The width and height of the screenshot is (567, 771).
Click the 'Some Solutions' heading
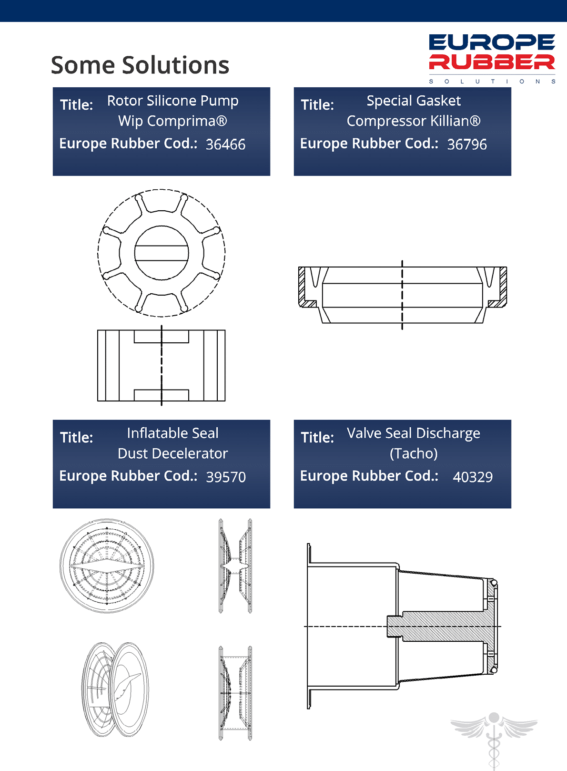[140, 65]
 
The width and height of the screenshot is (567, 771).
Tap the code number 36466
[226, 144]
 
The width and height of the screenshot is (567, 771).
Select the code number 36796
[467, 144]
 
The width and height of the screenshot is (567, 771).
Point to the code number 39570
[226, 477]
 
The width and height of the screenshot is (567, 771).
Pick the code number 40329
[473, 477]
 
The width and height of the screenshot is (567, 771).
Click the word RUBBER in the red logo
[492, 62]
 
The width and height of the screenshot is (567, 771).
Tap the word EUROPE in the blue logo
[492, 42]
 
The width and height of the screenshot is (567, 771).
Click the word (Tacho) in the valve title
[414, 453]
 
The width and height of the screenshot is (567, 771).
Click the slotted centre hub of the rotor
[162, 253]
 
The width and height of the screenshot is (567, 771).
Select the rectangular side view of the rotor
[162, 366]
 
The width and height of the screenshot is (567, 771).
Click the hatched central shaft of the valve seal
[444, 627]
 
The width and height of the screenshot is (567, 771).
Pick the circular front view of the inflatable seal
[107, 566]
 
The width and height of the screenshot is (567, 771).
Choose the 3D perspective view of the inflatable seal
[115, 689]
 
